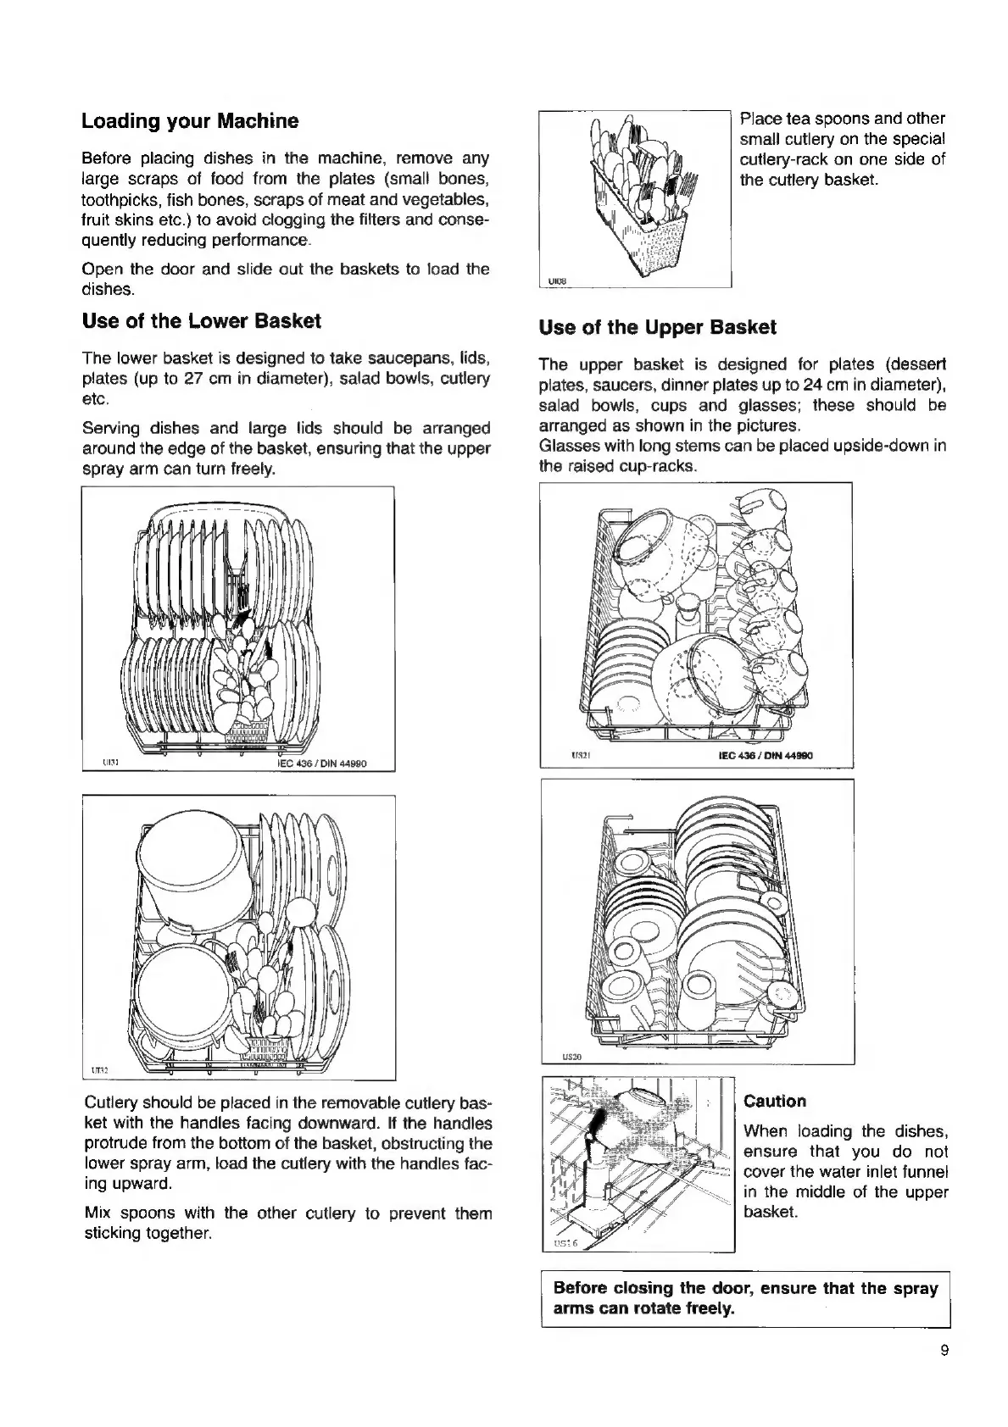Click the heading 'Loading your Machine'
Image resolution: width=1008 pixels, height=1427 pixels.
(x=190, y=121)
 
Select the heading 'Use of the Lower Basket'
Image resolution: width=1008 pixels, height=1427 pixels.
(x=201, y=321)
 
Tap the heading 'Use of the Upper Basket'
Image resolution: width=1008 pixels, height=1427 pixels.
(x=657, y=327)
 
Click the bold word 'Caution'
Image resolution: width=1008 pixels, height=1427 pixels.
(x=774, y=1102)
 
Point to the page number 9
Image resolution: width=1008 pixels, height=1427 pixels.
(x=944, y=1351)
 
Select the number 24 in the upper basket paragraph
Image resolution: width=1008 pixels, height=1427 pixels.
(x=805, y=385)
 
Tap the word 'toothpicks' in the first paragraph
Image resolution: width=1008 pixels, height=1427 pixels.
(x=116, y=200)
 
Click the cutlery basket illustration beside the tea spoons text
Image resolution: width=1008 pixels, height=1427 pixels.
(x=635, y=198)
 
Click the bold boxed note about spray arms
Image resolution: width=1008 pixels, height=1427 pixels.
(x=745, y=1298)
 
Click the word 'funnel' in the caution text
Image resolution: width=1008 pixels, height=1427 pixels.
(x=924, y=1172)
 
